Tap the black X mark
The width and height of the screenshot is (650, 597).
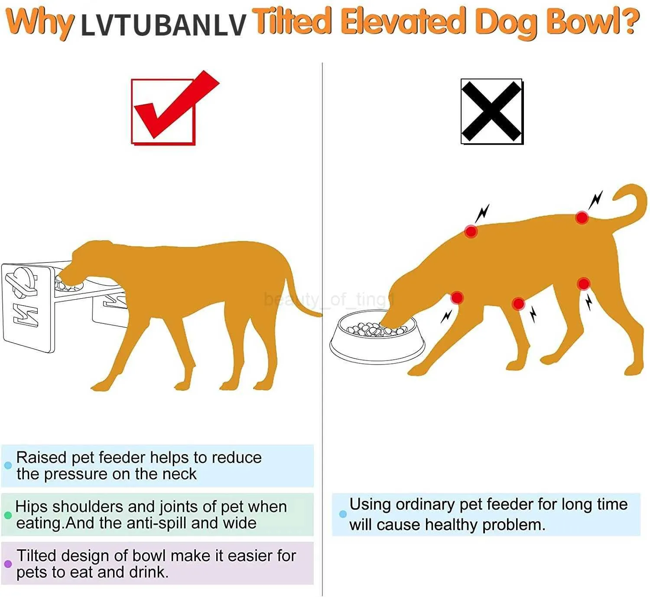point(491,111)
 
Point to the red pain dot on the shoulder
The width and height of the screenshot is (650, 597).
point(471,232)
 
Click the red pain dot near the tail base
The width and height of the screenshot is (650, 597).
point(582,218)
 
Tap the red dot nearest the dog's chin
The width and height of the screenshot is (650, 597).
point(457,298)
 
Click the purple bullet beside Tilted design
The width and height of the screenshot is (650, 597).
point(8,564)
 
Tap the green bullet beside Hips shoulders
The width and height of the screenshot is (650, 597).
point(8,515)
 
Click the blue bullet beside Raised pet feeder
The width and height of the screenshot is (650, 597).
point(8,465)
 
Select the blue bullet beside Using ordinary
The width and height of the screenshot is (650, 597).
point(343,514)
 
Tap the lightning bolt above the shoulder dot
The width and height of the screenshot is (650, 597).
point(482,213)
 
